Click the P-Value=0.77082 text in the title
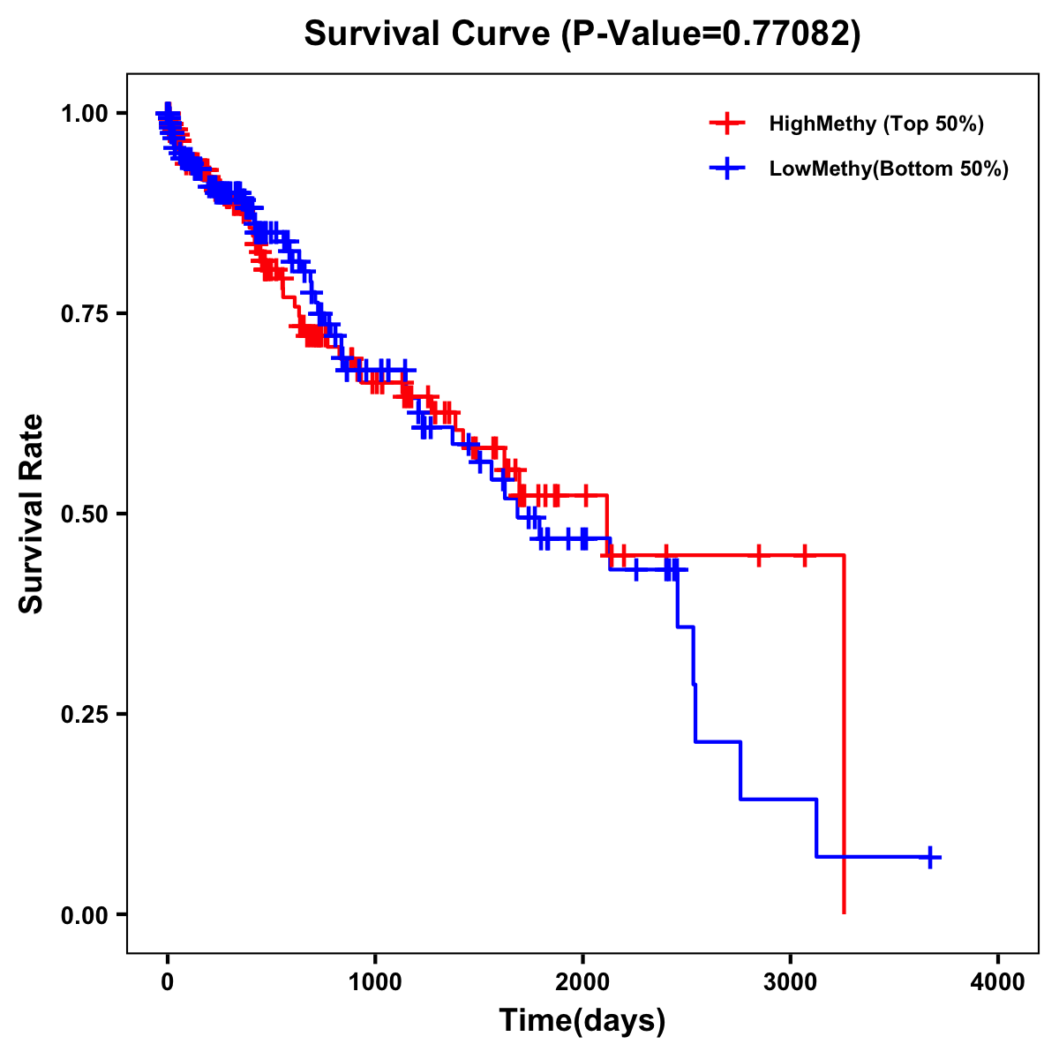712,34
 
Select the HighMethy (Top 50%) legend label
875,124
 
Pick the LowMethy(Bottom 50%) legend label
889,169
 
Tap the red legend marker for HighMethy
727,124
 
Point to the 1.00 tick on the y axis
85,114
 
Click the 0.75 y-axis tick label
85,314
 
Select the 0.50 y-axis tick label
85,514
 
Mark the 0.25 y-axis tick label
85,715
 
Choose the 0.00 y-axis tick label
85,915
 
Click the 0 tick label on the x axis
168,982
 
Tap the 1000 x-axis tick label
375,982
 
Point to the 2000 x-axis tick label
582,982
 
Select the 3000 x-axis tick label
791,982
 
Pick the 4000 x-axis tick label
998,982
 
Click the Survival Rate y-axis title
32,514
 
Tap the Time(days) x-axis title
582,1021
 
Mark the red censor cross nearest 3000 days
805,555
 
